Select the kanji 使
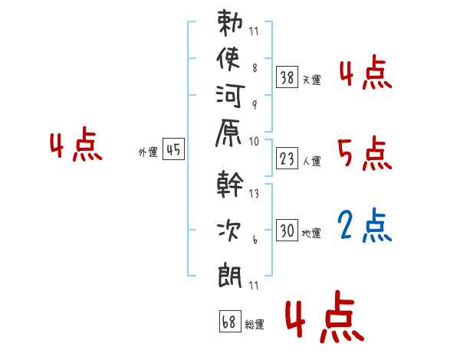(x=228, y=59)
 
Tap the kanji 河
(x=230, y=96)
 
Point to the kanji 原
(x=228, y=133)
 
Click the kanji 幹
(x=230, y=184)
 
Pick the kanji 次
(x=228, y=231)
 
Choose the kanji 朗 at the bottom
(x=230, y=275)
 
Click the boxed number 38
(x=287, y=77)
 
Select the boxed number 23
(x=287, y=159)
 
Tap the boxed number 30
(x=287, y=230)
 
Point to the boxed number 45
(x=173, y=149)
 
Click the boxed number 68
(x=230, y=321)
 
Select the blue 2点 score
(x=365, y=225)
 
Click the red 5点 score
(x=365, y=153)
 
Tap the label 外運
(x=148, y=152)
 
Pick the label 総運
(x=255, y=325)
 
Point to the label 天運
(x=312, y=80)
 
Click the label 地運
(x=311, y=234)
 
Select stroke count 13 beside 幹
(x=254, y=194)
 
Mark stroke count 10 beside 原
(x=254, y=142)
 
